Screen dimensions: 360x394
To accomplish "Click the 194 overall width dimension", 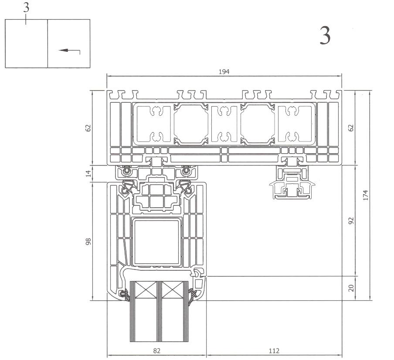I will (224, 71).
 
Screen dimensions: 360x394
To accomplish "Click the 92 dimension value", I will (351, 220).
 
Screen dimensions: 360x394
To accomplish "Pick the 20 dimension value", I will (351, 288).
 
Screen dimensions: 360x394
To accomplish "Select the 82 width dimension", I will (156, 350).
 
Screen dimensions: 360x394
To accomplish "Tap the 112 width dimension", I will (274, 350).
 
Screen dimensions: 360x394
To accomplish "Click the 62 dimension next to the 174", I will (351, 128).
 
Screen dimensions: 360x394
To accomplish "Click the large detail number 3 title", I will (325, 37).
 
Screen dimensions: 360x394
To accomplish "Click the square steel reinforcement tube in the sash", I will (156, 242).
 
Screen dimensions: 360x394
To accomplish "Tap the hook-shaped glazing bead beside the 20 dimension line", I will (200, 274).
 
